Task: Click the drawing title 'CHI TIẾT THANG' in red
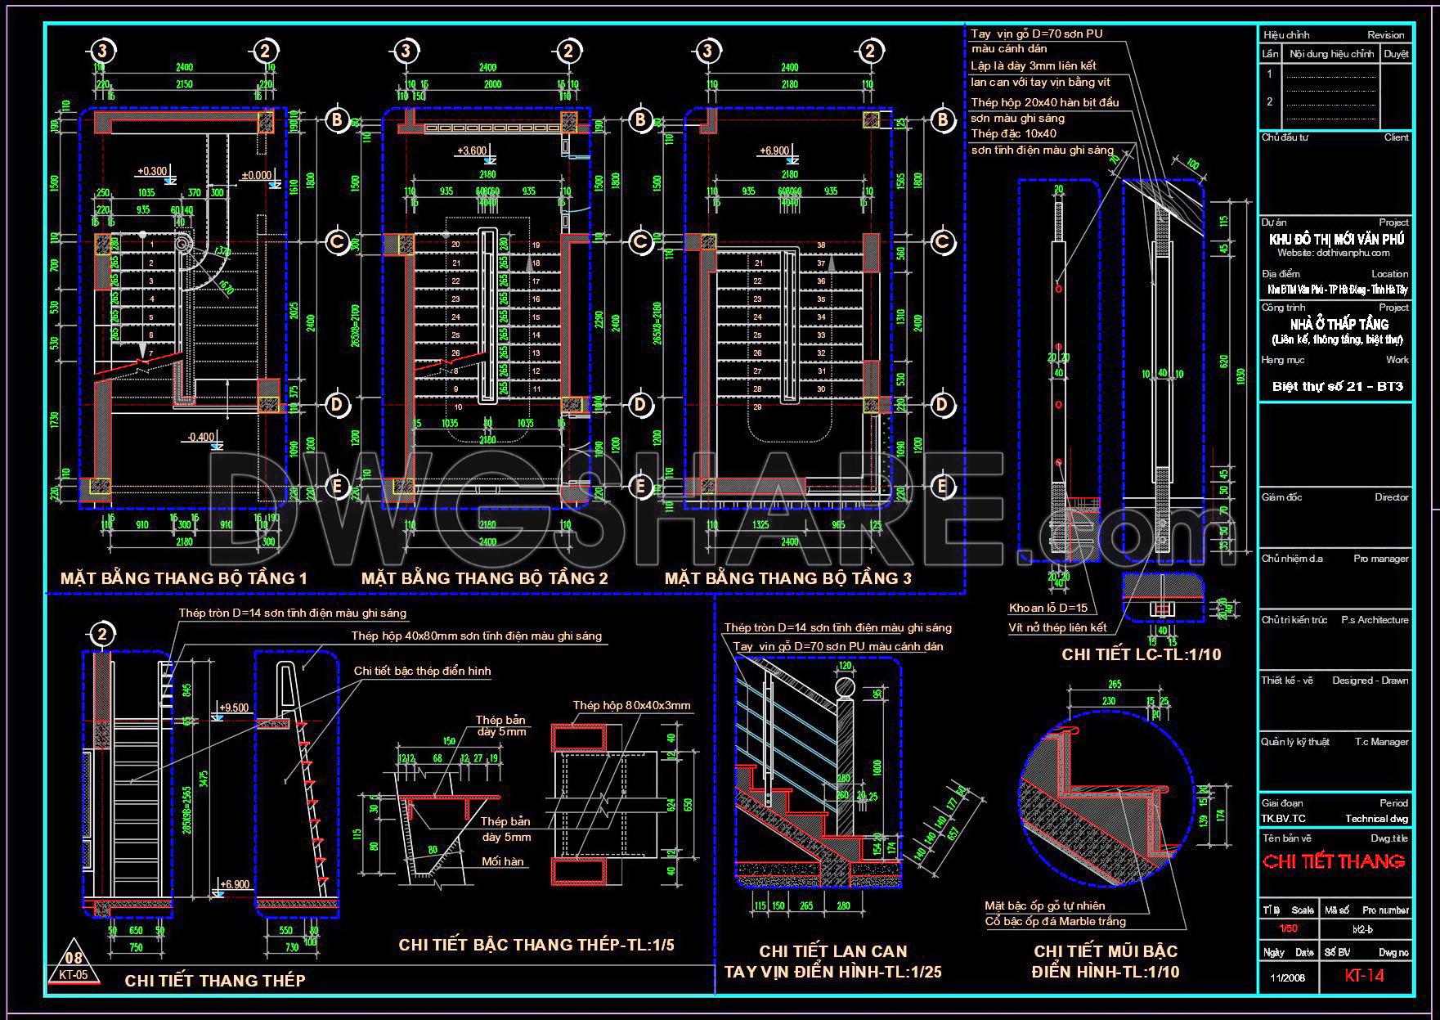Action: click(x=1334, y=861)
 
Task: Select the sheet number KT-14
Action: click(x=1365, y=976)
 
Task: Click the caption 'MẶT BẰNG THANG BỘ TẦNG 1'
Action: click(x=184, y=578)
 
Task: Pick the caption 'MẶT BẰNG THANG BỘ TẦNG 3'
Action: click(x=787, y=578)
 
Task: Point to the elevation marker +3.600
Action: click(x=472, y=151)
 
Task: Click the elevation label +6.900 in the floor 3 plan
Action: click(x=774, y=151)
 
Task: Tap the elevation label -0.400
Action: click(x=200, y=438)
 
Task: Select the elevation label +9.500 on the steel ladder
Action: click(x=234, y=708)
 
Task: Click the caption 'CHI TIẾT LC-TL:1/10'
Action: click(x=1141, y=654)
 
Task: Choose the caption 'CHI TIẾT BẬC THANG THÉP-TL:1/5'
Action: click(x=536, y=945)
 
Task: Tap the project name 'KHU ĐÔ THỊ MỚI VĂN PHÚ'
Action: click(x=1337, y=240)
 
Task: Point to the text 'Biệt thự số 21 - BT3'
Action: click(x=1337, y=386)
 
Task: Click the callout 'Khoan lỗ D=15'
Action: click(x=1048, y=608)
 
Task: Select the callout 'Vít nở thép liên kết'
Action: click(x=1057, y=627)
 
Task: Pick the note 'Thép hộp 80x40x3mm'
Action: click(x=631, y=705)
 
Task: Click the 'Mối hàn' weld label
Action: click(x=502, y=860)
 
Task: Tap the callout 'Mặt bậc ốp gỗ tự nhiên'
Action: click(x=1044, y=905)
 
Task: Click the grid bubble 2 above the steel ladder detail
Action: click(x=102, y=634)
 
